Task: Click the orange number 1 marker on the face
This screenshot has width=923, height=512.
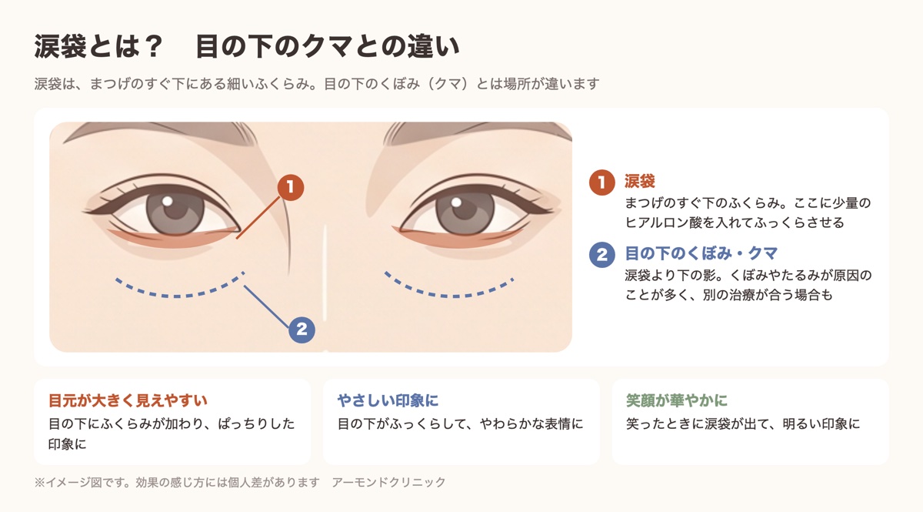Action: (x=291, y=187)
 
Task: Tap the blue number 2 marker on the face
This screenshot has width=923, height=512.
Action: (x=302, y=330)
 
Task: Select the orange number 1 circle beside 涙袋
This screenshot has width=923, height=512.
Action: (x=602, y=182)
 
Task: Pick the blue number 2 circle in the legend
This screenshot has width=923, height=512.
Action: (x=602, y=255)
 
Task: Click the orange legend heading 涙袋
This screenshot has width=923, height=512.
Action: (x=639, y=181)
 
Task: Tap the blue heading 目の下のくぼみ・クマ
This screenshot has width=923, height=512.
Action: (x=701, y=253)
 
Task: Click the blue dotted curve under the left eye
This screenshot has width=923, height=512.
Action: (x=177, y=296)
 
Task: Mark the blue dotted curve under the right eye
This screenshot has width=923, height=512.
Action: (x=449, y=296)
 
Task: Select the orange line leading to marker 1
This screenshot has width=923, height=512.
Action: (x=258, y=218)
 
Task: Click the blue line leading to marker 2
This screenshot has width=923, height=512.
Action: (x=266, y=306)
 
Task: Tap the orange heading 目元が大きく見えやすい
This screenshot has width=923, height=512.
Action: (x=128, y=400)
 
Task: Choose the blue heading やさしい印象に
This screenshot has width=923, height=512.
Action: (x=388, y=400)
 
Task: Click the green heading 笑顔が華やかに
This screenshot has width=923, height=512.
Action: (x=677, y=400)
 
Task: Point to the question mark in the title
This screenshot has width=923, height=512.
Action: (x=154, y=46)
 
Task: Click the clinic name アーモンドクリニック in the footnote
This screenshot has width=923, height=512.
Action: (x=388, y=482)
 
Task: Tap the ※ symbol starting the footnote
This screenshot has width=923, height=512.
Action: (x=39, y=482)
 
